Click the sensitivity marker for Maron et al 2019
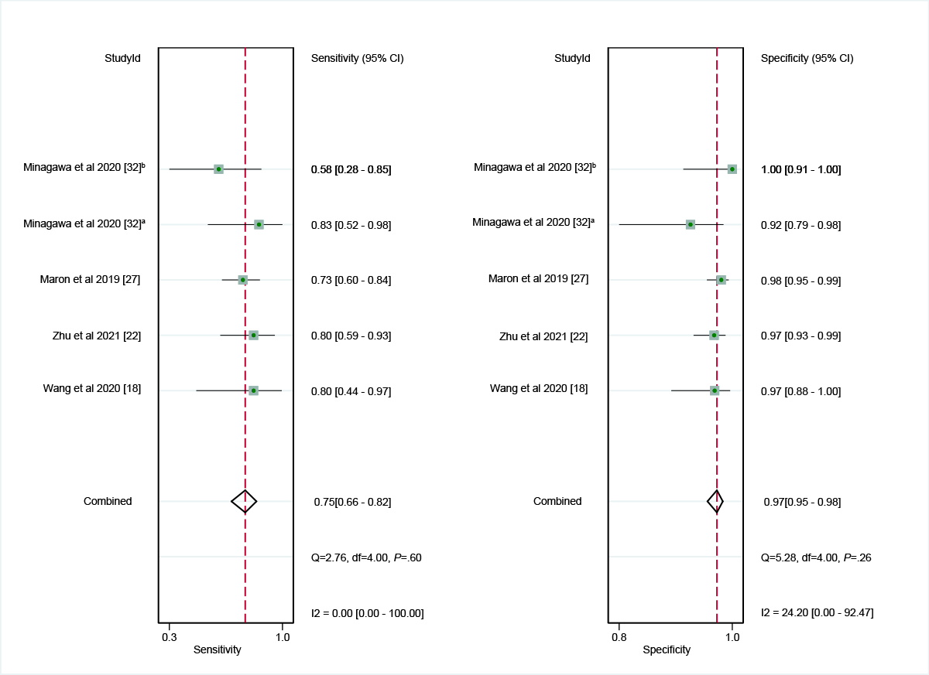coord(242,280)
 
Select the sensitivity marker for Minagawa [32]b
coord(218,169)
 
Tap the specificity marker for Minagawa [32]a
coord(690,224)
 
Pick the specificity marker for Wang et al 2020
coord(715,390)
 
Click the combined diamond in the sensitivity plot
coord(245,501)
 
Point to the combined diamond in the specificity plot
coord(716,501)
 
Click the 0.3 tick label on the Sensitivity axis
coord(169,637)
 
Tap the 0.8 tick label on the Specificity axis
coord(619,637)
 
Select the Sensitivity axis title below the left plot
coord(217,650)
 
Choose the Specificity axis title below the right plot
coord(667,650)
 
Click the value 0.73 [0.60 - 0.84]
coord(351,281)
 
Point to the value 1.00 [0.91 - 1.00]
coord(800,169)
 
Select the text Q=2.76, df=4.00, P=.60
coord(365,557)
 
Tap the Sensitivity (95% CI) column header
coord(357,58)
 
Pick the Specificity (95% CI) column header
coord(807,58)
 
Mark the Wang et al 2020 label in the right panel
coord(539,388)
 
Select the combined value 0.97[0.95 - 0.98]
coord(802,503)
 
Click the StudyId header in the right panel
coord(572,58)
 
